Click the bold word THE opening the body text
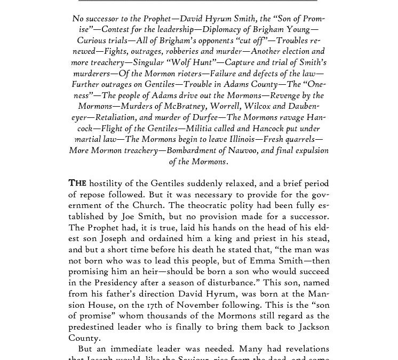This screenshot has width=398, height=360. (77, 183)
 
